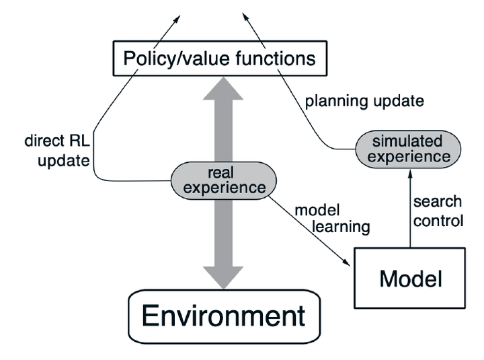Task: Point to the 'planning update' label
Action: (364, 102)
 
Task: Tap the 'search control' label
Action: (437, 211)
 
